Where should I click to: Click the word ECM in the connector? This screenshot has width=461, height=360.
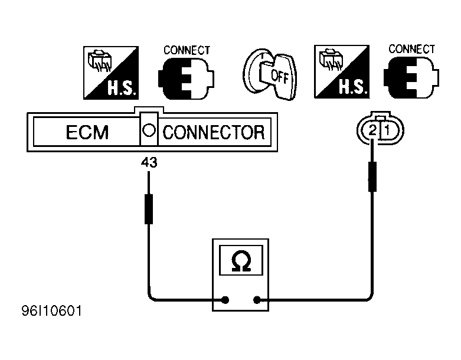87,132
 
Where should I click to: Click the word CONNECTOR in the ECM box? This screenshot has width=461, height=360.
214,132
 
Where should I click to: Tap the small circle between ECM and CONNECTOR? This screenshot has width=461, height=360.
149,130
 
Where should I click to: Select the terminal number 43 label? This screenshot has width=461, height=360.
149,162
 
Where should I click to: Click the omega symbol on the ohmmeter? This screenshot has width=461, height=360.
241,261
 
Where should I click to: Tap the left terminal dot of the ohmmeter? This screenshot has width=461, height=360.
225,300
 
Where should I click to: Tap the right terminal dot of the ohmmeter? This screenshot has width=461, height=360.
257,300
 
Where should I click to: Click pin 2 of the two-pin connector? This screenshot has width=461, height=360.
372,130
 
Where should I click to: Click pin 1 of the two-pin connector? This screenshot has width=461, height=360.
387,130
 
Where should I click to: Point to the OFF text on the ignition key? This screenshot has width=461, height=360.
279,76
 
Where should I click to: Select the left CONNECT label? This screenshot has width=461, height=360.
187,51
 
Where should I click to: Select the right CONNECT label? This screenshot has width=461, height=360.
411,49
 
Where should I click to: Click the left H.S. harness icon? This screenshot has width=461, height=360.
111,73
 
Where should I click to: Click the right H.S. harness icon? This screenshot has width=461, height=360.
342,72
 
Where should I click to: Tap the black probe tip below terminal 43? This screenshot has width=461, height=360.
149,209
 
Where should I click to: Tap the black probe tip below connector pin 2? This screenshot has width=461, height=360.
372,176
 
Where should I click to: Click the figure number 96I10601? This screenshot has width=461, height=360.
52,311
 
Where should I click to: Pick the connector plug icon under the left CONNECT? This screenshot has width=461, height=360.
186,78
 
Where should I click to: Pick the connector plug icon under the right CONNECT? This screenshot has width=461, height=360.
411,77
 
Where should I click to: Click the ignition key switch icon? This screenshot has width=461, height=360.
270,75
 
